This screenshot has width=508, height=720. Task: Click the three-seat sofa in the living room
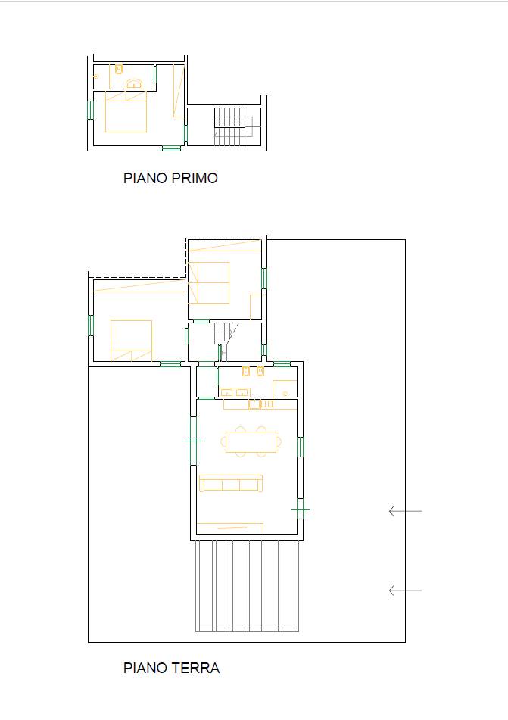(x=231, y=483)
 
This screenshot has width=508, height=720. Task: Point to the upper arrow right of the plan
(x=405, y=512)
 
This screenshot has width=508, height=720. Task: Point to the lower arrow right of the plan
(x=405, y=591)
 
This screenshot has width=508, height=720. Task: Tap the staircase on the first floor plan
(x=231, y=126)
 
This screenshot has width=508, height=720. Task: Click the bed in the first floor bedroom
(x=126, y=114)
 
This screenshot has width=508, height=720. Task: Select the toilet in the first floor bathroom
(x=119, y=69)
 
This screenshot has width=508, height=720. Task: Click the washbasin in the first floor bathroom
(x=135, y=83)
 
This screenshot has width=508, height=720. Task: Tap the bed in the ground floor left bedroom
(x=131, y=340)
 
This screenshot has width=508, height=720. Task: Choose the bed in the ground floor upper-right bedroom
(x=209, y=282)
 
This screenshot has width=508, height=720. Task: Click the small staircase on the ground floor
(x=224, y=332)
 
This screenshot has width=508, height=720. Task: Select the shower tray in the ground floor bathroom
(x=285, y=388)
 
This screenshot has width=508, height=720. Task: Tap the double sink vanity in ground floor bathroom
(x=235, y=391)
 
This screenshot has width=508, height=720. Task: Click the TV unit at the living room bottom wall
(x=230, y=528)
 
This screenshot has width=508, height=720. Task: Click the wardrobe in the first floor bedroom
(x=179, y=90)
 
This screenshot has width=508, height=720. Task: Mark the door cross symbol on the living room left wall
(x=193, y=441)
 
